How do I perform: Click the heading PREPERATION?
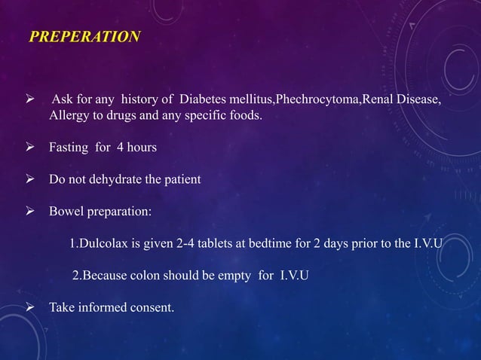84,36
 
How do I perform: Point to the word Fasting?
69,148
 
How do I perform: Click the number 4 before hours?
118,148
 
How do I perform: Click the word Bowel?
66,212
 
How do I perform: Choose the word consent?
152,307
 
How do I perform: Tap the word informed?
103,307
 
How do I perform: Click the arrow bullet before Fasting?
32,148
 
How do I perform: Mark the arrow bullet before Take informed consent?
32,307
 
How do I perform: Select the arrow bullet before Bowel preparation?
32,212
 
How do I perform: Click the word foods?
242,117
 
